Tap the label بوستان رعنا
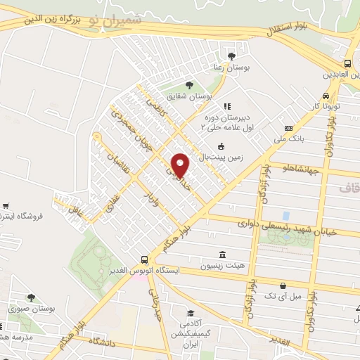coord(232,67)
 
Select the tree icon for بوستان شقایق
coord(188,85)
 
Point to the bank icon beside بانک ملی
coord(288,128)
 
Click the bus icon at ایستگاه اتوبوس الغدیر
coord(144,259)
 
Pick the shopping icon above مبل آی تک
coord(283,286)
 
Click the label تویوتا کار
coord(326,106)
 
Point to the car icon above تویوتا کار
coord(326,96)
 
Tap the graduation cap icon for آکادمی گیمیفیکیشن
coord(189,314)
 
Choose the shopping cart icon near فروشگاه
coord(6,206)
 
